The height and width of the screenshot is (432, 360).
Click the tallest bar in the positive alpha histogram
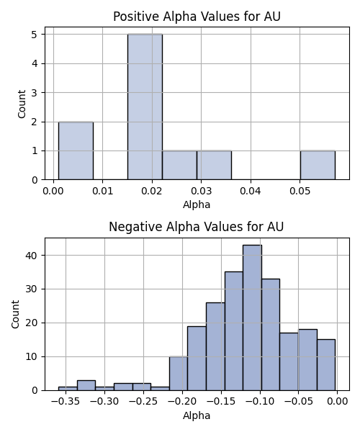click(145, 107)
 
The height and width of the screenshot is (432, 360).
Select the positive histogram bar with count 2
click(76, 150)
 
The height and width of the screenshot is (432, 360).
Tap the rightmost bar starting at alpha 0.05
click(318, 166)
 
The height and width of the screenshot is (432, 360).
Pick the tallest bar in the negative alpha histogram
click(252, 318)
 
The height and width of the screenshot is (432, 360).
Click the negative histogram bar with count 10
click(179, 373)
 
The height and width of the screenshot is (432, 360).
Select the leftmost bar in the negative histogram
click(68, 389)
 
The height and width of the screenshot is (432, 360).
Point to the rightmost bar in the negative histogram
click(326, 365)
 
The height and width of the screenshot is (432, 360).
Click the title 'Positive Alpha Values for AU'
click(197, 17)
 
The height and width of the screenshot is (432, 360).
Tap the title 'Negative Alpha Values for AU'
click(196, 227)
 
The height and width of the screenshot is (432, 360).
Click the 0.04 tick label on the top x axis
click(251, 191)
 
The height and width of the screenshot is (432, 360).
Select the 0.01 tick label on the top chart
click(102, 191)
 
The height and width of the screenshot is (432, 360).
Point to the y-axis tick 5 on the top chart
click(35, 35)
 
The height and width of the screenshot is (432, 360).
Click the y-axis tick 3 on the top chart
click(35, 93)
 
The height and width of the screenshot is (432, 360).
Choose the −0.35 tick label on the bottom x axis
click(66, 402)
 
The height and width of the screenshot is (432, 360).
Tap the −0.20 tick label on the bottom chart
click(182, 402)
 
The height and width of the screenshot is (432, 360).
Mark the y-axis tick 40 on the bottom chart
click(31, 256)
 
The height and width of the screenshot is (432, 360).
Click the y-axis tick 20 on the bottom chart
click(31, 323)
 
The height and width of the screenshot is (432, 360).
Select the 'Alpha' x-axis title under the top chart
click(197, 204)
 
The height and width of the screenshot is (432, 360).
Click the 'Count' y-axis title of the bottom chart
click(15, 315)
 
